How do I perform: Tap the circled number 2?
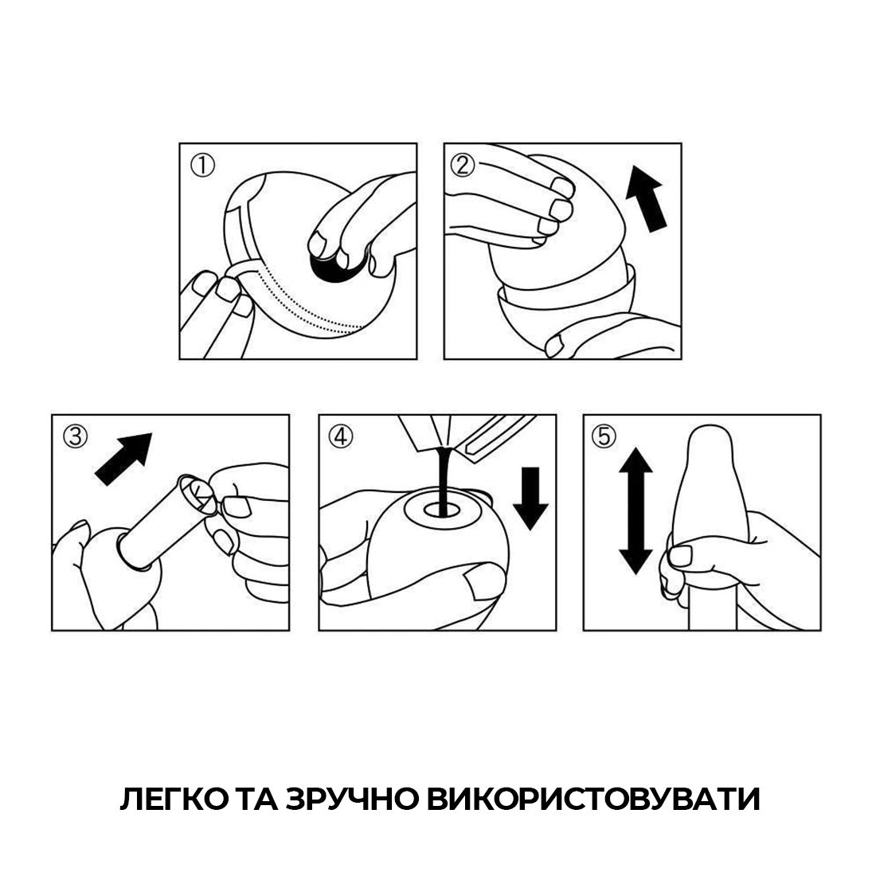tap(463, 166)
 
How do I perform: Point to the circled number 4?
tap(340, 436)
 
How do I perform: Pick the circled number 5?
tap(604, 436)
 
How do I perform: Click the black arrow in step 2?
tap(645, 198)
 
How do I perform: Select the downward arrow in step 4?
tap(530, 498)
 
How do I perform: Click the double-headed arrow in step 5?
tap(635, 510)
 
